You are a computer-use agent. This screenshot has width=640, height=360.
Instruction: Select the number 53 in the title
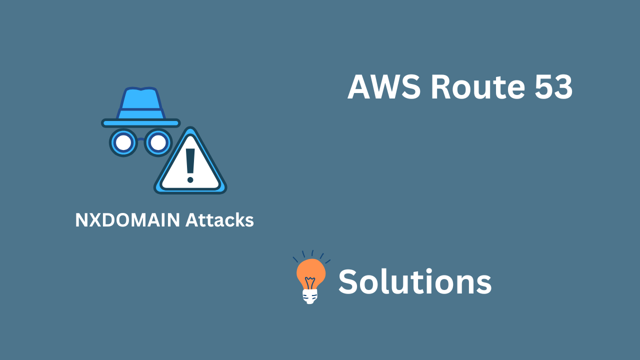[553, 87]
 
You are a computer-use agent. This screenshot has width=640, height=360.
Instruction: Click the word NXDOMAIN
[127, 220]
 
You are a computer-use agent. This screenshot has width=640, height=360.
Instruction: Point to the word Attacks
[219, 220]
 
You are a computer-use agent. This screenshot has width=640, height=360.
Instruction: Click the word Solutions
[415, 281]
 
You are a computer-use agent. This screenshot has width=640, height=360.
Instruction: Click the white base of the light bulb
[310, 296]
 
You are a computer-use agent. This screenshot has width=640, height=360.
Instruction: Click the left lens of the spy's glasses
[123, 143]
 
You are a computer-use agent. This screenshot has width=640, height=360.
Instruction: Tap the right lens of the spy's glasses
[158, 143]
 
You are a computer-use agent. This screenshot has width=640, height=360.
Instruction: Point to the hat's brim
[141, 122]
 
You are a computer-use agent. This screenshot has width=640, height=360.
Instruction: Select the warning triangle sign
[190, 167]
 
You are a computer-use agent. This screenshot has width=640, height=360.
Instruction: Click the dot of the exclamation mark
[190, 179]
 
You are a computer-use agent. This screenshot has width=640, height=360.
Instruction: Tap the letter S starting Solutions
[349, 281]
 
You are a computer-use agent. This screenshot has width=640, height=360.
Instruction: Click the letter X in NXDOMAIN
[96, 220]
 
